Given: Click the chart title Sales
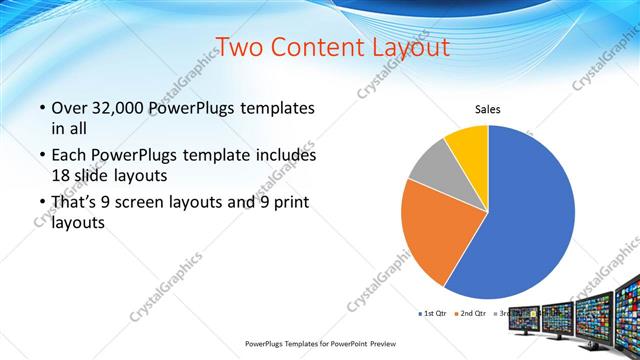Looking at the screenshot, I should pos(487,110).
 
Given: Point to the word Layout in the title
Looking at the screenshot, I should pos(413,47).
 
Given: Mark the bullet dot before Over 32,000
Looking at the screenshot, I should pos(41,108).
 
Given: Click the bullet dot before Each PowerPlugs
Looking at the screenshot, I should pos(41,156).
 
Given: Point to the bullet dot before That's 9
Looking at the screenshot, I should pos(41,204).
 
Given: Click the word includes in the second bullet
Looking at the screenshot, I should pos(288,156).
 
